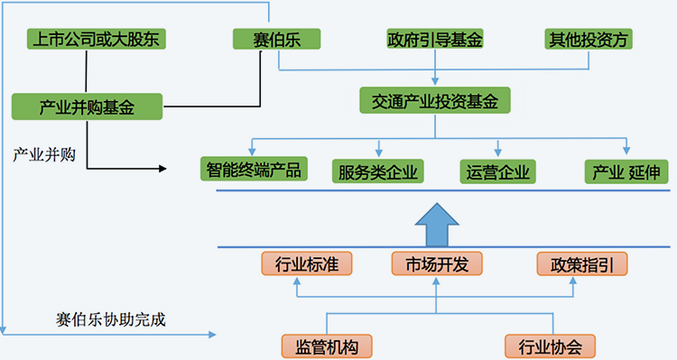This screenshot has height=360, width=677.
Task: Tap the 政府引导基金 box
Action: coord(435,40)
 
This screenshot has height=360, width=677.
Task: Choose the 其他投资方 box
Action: coord(589,39)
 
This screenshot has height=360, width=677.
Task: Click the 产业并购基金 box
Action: coord(88,106)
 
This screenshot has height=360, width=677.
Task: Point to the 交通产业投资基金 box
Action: coord(435,100)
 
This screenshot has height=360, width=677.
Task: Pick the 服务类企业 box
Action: coord(379,170)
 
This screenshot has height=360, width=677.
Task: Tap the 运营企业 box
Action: coord(497,170)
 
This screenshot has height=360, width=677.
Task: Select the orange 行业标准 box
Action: coord(294,263)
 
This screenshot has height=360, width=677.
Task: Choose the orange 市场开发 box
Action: coord(436,263)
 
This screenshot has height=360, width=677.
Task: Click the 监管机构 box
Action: coord(327,345)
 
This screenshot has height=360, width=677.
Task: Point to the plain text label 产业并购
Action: coord(43,152)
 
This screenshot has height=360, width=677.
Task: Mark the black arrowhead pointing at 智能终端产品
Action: coord(164,168)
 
